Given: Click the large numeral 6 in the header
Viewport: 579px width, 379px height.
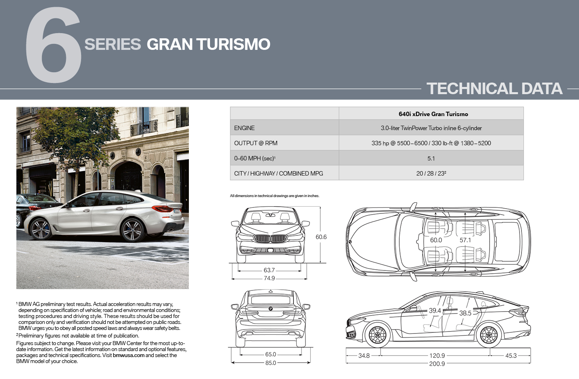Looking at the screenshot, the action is point(54,45).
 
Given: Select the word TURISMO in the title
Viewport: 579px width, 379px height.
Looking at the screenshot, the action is point(234,44).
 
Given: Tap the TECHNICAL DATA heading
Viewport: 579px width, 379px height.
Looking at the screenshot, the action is point(494,89).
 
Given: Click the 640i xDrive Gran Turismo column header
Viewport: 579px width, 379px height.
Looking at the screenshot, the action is point(433,114).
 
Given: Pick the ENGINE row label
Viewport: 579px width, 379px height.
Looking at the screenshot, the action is point(244,128).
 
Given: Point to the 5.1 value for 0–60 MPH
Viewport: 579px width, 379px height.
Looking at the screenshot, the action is point(431,158).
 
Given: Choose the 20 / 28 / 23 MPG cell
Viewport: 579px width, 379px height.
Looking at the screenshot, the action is point(431,173).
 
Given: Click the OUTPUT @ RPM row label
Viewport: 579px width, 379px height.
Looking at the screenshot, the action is point(256,143).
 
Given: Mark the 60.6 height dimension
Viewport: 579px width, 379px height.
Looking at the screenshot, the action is point(321,237).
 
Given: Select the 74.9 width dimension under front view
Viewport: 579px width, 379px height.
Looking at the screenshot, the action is point(269,278).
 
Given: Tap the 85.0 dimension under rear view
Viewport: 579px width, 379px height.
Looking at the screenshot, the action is point(271,363).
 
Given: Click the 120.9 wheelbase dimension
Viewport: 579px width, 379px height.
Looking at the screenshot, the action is point(437,355).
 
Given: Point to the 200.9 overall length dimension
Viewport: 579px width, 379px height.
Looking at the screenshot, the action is point(437,363).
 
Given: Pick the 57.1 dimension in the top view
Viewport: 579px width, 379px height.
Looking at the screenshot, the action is point(465,240).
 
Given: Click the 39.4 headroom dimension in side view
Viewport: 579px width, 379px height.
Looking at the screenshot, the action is point(435,311).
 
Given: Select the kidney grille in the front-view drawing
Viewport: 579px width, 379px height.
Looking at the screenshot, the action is point(270,239).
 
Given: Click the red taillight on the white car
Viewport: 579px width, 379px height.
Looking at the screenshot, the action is point(163,208).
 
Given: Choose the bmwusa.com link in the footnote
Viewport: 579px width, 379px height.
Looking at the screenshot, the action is point(129,355).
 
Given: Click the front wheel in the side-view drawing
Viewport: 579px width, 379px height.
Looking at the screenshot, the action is point(378,335).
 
